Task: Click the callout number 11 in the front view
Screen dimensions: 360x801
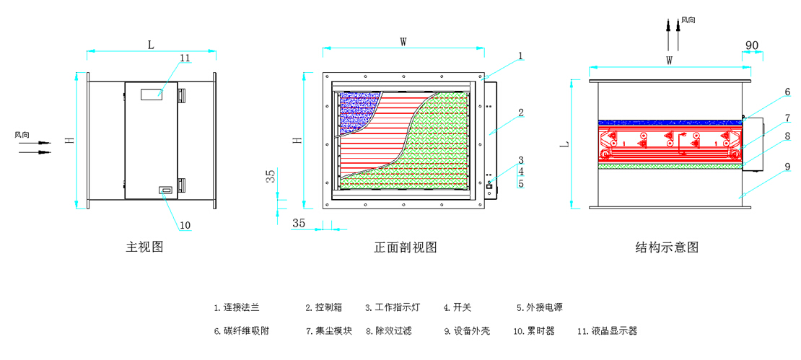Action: [185, 58]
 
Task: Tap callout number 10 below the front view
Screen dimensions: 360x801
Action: [185, 225]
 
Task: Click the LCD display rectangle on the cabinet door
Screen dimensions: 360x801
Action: [151, 94]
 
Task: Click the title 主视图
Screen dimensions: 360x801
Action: [144, 247]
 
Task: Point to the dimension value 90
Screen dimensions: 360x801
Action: [752, 45]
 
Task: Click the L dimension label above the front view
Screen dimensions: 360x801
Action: [151, 45]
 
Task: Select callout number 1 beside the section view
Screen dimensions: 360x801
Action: [520, 56]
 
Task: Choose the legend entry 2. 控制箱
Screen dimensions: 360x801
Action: [324, 307]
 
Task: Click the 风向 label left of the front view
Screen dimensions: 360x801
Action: [22, 134]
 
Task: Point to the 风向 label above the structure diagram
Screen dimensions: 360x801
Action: [688, 19]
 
